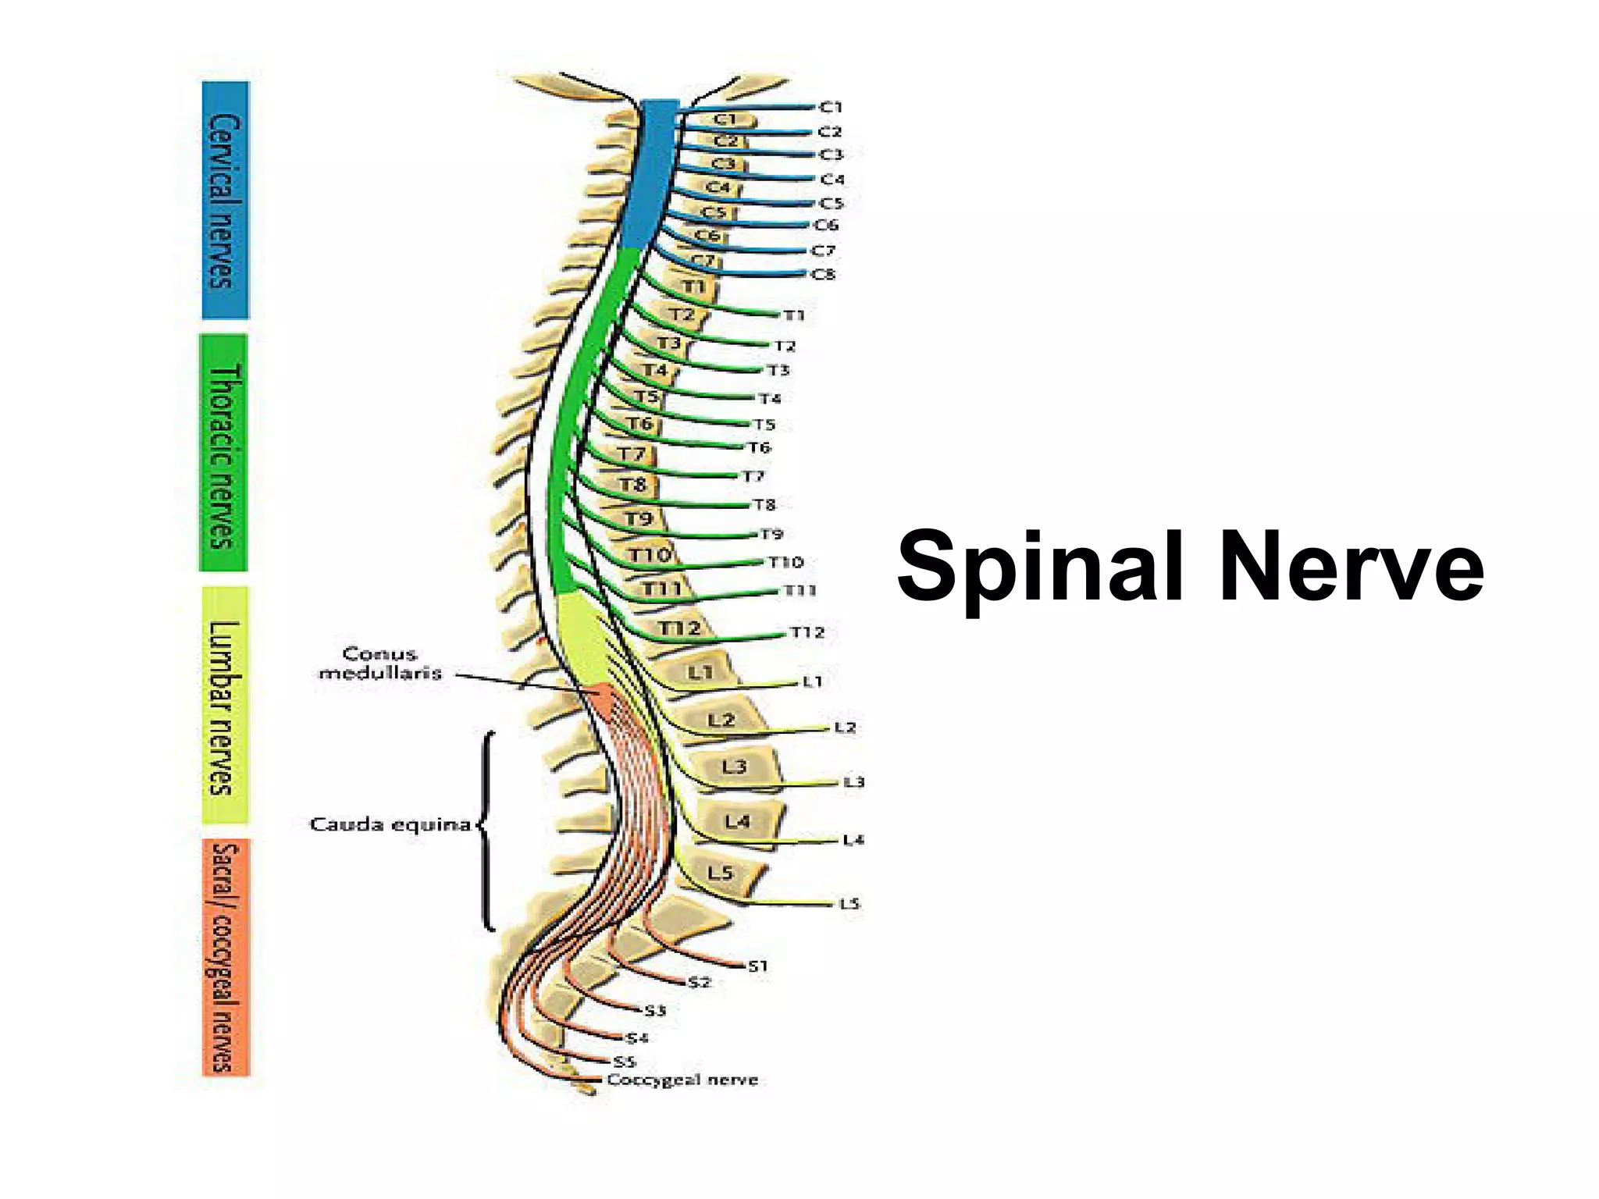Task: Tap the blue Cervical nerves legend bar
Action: click(225, 201)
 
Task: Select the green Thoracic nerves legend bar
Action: click(223, 453)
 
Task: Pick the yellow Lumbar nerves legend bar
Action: click(225, 705)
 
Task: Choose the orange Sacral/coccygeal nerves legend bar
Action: click(225, 957)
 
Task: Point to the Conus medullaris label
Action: click(380, 663)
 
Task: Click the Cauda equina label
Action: click(390, 824)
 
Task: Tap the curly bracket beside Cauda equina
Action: click(486, 831)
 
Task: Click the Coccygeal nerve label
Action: click(682, 1080)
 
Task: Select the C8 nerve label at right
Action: click(824, 274)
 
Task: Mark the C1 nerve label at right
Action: click(831, 107)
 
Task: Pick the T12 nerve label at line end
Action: click(807, 632)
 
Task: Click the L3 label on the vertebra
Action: click(734, 767)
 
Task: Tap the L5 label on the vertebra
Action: click(720, 872)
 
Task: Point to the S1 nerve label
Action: click(758, 966)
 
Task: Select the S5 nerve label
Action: click(625, 1061)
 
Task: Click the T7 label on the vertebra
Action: click(632, 454)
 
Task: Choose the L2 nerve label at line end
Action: click(846, 727)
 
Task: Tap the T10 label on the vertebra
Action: click(650, 554)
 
